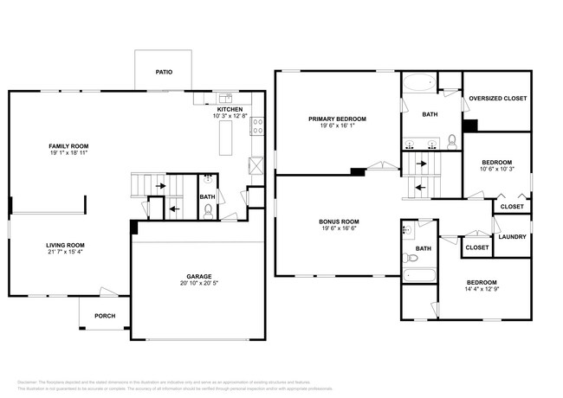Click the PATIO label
pos(163,72)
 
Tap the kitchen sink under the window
pos(224,98)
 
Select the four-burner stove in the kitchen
pos(257,129)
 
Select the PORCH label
pos(104,316)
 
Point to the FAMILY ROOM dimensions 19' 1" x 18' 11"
pos(69,153)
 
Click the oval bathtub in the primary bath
pos(419,85)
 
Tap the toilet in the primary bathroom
pos(452,142)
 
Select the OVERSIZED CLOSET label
pos(497,98)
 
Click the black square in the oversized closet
pos(469,125)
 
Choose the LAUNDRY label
pos(512,236)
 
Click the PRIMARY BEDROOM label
pos(337,118)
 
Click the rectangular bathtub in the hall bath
pos(420,277)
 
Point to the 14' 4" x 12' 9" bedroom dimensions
pos(482,290)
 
